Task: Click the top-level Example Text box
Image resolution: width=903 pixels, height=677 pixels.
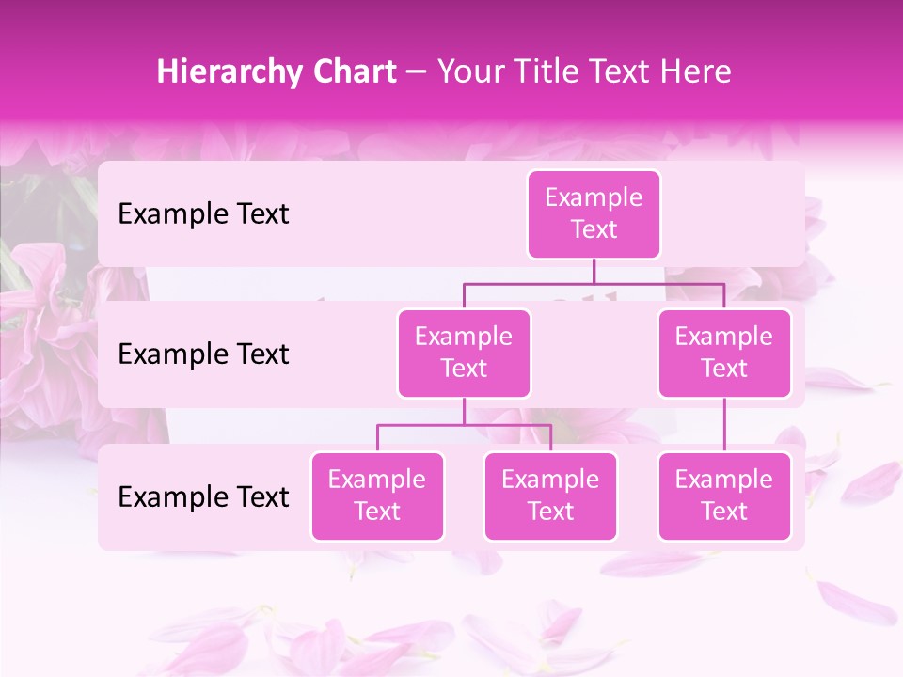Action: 594,214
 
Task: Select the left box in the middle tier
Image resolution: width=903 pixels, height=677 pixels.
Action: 464,353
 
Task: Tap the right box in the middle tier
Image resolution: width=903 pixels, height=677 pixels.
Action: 724,353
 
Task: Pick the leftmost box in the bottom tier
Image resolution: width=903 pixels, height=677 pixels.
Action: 377,496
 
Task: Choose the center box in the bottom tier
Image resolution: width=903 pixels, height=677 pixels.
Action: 550,496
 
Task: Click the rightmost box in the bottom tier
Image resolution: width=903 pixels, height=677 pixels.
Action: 724,496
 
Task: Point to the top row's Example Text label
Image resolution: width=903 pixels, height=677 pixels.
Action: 203,214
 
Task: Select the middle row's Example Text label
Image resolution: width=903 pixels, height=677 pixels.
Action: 203,354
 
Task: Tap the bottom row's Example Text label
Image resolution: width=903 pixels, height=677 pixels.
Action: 203,496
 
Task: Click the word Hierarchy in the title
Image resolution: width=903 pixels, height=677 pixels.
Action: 229,71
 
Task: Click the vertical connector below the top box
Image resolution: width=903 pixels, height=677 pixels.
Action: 594,271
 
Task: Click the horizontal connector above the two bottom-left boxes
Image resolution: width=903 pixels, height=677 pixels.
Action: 464,425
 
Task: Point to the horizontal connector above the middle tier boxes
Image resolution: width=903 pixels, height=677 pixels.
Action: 594,283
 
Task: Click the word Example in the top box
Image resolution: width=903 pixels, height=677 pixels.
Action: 594,197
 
